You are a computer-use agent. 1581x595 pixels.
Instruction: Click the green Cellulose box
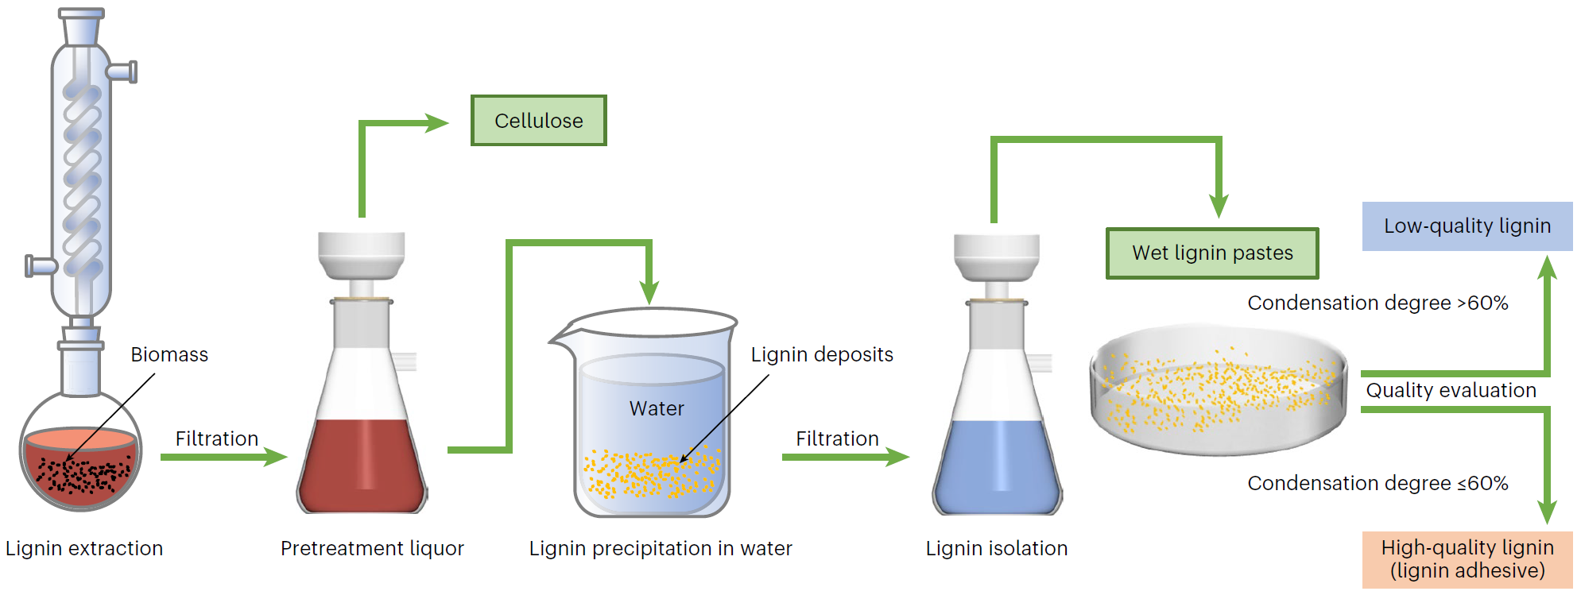(538, 121)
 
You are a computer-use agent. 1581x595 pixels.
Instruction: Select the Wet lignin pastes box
(1212, 253)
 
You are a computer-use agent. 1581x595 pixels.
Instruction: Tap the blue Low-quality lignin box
(1467, 226)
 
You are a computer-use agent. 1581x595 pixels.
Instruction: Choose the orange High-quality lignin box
(1467, 559)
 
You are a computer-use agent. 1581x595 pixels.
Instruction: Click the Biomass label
(169, 355)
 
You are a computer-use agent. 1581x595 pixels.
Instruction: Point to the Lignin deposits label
(822, 355)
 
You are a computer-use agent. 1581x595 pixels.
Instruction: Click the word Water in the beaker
(657, 409)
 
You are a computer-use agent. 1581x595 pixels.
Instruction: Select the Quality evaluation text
(1451, 391)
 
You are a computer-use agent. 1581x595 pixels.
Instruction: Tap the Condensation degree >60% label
(1378, 303)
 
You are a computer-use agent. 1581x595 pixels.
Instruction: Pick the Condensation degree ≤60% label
(1378, 484)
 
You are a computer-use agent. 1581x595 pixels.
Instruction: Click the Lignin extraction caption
(84, 549)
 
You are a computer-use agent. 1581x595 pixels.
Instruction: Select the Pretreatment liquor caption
(372, 549)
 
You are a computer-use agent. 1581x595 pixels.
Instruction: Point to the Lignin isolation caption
(996, 549)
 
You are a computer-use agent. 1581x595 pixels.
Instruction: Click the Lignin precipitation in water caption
(661, 549)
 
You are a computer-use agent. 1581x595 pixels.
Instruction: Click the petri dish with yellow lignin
(1218, 389)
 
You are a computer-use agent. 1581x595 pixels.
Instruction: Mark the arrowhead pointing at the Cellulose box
(438, 123)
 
